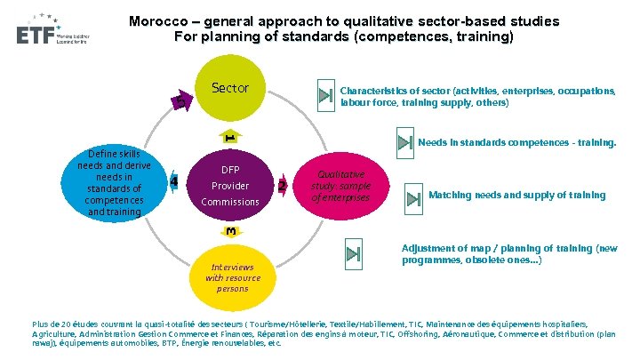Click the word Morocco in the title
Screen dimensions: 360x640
coord(158,20)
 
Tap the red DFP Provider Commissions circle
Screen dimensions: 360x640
coord(230,185)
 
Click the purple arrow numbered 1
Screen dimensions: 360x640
coord(229,138)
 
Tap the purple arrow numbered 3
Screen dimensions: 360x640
coord(231,232)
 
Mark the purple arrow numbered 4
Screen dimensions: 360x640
coord(174,182)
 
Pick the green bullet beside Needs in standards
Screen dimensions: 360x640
coord(403,143)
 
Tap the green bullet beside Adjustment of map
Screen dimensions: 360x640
coord(353,254)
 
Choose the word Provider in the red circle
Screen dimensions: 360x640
coord(230,186)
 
